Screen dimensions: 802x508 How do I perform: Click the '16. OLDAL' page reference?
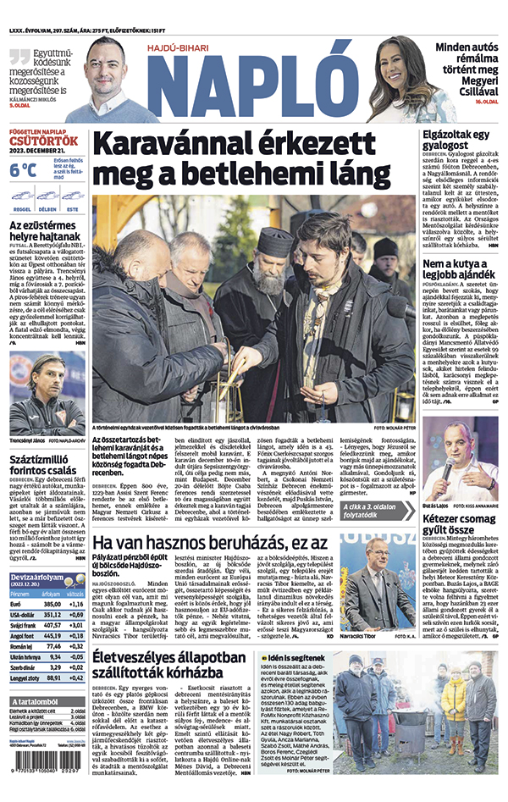[x=484, y=102]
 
